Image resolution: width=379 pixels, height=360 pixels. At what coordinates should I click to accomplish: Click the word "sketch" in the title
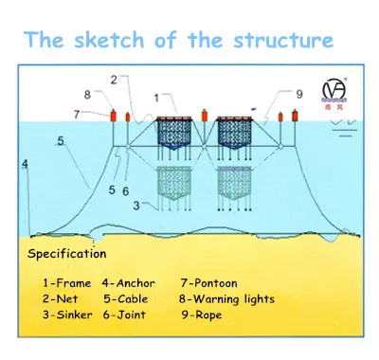109,40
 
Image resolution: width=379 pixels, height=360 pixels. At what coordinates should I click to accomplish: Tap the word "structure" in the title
283,41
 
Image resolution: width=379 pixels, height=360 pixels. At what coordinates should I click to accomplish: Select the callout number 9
299,94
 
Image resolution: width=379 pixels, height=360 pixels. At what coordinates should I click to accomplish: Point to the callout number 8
87,95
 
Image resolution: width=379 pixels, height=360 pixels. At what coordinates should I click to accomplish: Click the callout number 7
77,115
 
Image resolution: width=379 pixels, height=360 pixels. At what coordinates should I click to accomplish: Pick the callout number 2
114,80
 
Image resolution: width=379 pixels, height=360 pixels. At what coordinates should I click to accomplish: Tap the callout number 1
156,99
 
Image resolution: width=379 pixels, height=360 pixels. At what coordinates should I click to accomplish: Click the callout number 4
25,164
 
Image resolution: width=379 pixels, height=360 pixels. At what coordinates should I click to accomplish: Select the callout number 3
136,206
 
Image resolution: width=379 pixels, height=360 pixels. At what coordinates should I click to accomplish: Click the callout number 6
126,191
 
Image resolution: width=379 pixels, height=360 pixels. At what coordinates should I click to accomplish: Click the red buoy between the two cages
205,115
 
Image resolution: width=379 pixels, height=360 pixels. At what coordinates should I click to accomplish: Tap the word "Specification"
67,254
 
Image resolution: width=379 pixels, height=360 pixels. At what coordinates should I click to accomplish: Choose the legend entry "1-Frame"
66,283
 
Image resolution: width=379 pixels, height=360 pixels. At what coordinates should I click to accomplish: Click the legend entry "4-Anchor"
129,283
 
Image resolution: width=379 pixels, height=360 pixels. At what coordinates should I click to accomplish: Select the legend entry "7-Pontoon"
208,283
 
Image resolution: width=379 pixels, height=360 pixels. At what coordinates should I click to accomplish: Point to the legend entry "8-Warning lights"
226,299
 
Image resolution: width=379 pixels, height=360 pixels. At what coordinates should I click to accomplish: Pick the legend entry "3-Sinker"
67,315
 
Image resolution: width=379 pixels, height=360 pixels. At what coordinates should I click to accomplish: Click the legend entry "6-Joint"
124,315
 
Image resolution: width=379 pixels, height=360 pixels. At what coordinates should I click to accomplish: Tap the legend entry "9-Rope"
202,315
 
